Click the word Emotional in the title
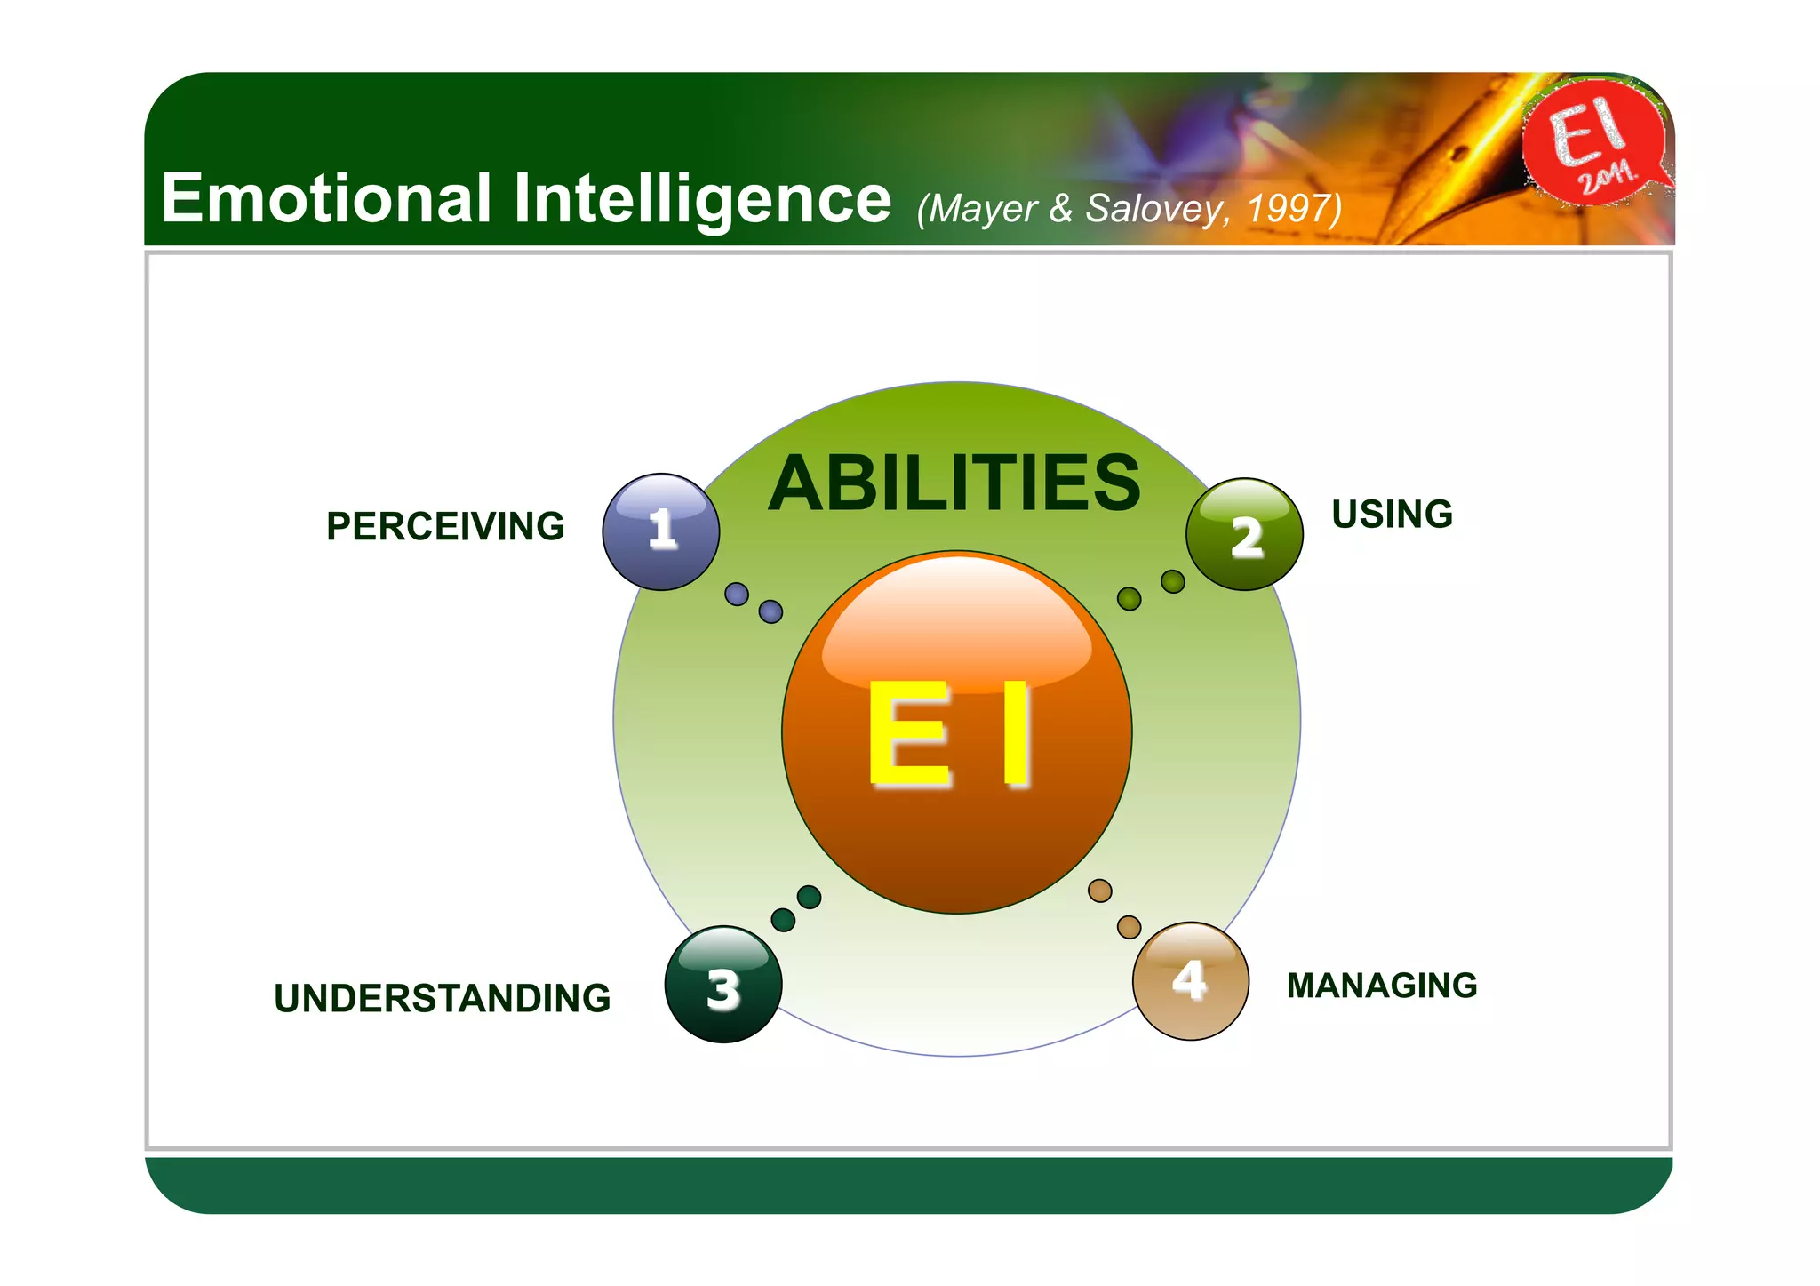coord(325,198)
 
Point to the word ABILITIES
coord(954,483)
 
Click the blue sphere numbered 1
coord(661,531)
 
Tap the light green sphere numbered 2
coord(1244,534)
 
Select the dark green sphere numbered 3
coord(723,985)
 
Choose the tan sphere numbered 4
coord(1190,981)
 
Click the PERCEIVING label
coord(445,526)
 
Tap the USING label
coord(1392,515)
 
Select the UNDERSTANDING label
coord(442,998)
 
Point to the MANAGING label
coord(1382,986)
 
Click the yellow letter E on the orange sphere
coord(908,735)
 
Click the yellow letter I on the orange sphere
coord(1016,735)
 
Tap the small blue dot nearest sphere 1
coord(737,594)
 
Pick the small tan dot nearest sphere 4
coord(1129,927)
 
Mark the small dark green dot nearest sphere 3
coord(783,919)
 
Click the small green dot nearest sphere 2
coord(1173,581)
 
